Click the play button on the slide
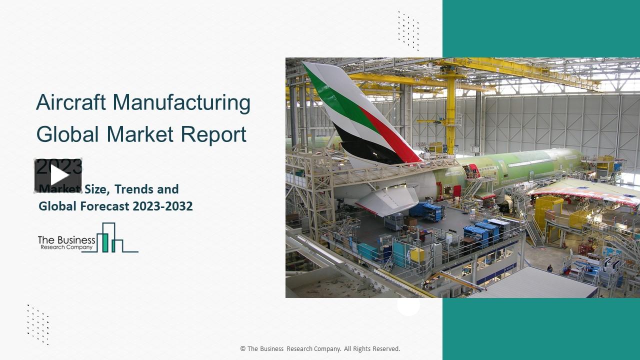(x=58, y=175)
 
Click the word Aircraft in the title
(x=70, y=103)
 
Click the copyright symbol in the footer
(x=243, y=349)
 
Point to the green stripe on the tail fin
(x=340, y=100)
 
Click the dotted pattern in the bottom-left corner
(x=38, y=324)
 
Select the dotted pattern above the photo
(x=408, y=30)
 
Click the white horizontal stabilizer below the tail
(x=387, y=200)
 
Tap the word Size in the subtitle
(x=95, y=189)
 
